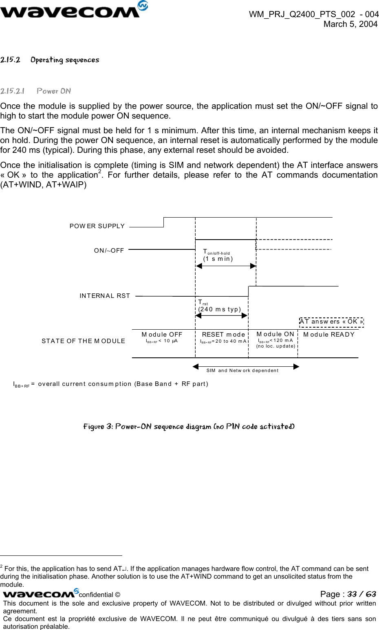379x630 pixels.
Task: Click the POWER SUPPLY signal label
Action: tap(97, 226)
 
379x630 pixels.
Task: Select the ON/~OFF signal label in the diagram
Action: tap(109, 251)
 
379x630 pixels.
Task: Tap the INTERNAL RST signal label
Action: tap(105, 296)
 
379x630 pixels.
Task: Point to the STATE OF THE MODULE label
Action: tap(83, 341)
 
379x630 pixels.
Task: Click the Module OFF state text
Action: tap(162, 335)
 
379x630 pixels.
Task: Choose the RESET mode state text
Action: tap(223, 335)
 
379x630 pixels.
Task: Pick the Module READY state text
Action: tap(329, 335)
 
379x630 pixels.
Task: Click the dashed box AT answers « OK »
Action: tap(331, 322)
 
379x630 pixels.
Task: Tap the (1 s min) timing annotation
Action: tap(218, 259)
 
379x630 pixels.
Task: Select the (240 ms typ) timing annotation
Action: tap(220, 309)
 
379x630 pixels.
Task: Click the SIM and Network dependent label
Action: tap(242, 370)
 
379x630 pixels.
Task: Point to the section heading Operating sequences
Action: tap(65, 60)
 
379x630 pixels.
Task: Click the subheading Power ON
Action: tap(54, 91)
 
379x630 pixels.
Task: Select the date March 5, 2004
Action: tap(350, 24)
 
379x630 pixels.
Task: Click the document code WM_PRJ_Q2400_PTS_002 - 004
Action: tap(314, 14)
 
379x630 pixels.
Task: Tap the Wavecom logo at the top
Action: tap(73, 10)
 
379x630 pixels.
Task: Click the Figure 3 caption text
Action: tap(189, 427)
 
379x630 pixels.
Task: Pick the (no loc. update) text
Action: tap(275, 346)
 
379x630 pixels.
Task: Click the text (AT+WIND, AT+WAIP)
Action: tap(43, 185)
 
